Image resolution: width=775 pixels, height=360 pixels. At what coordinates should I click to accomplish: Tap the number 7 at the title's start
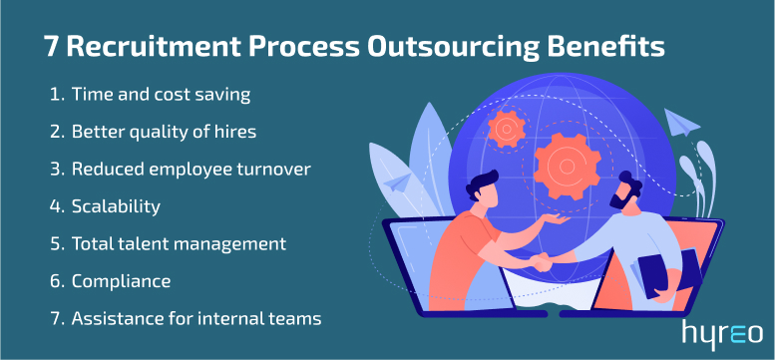pos(50,47)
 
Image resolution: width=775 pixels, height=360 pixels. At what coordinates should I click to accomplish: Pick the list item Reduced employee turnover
pos(191,169)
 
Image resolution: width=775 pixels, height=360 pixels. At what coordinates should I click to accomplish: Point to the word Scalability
pos(119,206)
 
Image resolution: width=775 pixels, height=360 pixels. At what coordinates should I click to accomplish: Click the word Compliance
pos(121,281)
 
